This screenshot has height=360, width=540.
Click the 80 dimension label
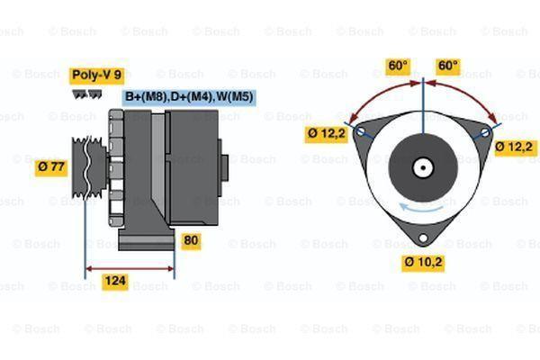[x=191, y=240]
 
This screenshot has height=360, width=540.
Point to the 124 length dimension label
[x=115, y=283]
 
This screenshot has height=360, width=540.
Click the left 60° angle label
[x=398, y=66]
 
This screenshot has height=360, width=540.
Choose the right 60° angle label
[x=447, y=66]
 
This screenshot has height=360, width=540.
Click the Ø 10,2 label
[x=422, y=264]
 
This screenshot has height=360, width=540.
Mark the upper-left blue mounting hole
[x=361, y=132]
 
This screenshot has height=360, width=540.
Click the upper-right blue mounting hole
[x=485, y=132]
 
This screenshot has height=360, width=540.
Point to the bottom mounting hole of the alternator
[x=422, y=239]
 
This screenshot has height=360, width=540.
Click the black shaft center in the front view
[x=422, y=167]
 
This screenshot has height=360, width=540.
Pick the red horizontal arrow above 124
[x=130, y=268]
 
